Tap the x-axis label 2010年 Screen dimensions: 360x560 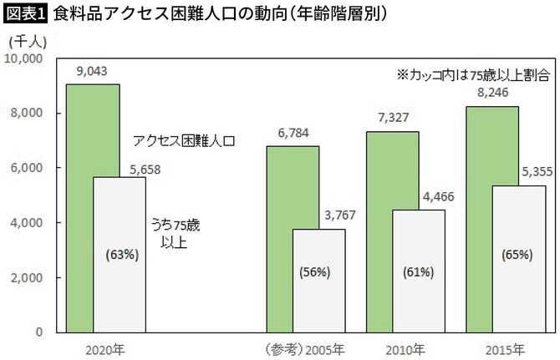[405, 347]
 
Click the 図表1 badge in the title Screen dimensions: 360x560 [24, 13]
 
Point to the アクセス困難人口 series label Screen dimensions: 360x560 [185, 141]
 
